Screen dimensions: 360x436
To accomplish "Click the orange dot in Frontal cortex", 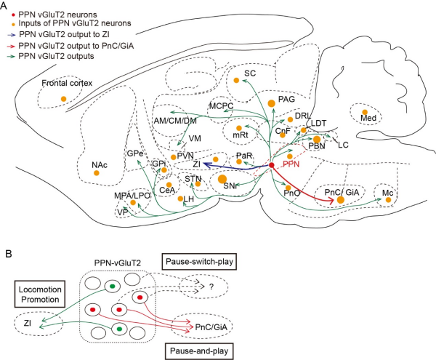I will click(x=63, y=98).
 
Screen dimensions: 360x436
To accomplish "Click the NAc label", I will click(x=100, y=165).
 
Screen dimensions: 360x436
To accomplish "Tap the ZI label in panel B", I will click(x=27, y=321).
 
